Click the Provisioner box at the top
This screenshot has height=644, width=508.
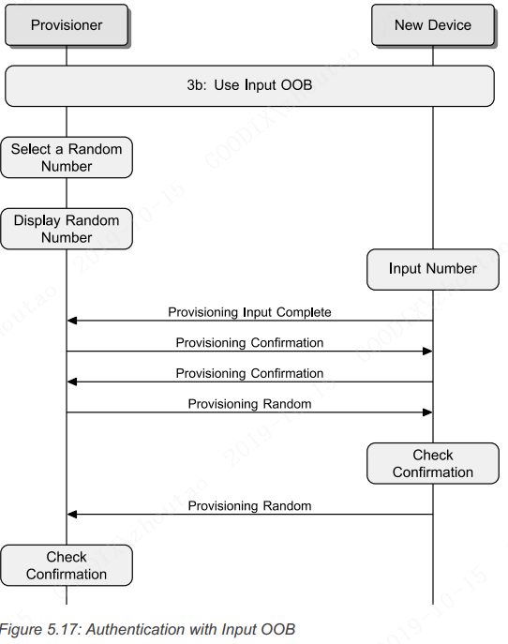pyautogui.click(x=67, y=25)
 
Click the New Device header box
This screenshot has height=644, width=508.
pyautogui.click(x=432, y=25)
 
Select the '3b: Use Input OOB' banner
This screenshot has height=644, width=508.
pyautogui.click(x=249, y=86)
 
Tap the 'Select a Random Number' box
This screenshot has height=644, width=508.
pyautogui.click(x=67, y=157)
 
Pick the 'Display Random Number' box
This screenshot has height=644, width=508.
pyautogui.click(x=67, y=229)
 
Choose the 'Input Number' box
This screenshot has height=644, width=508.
pyautogui.click(x=432, y=269)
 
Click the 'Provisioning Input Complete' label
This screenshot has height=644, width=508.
pyautogui.click(x=249, y=311)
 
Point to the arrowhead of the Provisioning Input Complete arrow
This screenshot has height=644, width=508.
pyautogui.click(x=72, y=322)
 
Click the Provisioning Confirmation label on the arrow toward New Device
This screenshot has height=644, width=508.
pyautogui.click(x=249, y=342)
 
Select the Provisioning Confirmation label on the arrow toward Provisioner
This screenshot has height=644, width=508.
pyautogui.click(x=249, y=373)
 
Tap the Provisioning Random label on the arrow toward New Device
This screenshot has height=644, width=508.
pyautogui.click(x=249, y=404)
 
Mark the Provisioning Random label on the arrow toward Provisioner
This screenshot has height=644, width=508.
pyautogui.click(x=249, y=505)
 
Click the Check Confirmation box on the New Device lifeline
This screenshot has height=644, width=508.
pyautogui.click(x=432, y=463)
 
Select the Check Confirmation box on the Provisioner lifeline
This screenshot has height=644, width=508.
pyautogui.click(x=67, y=565)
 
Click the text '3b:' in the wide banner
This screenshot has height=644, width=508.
pyautogui.click(x=194, y=86)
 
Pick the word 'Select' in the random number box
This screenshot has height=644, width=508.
pyautogui.click(x=31, y=149)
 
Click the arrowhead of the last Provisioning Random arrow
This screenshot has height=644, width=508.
pyautogui.click(x=72, y=515)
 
